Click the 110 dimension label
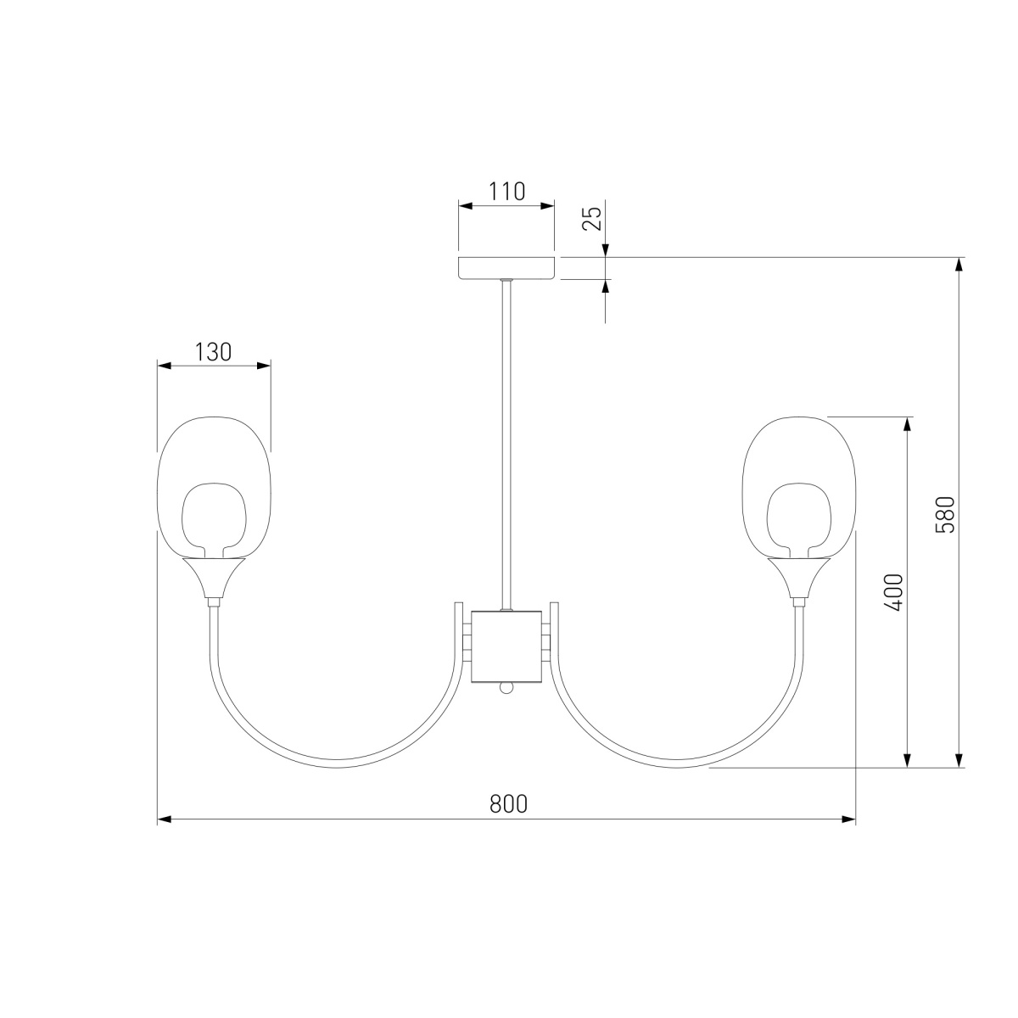[506, 191]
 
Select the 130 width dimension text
[213, 352]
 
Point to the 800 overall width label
[508, 803]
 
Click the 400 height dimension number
[894, 592]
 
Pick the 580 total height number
[945, 515]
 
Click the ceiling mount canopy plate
[506, 268]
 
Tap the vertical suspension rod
[506, 445]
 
